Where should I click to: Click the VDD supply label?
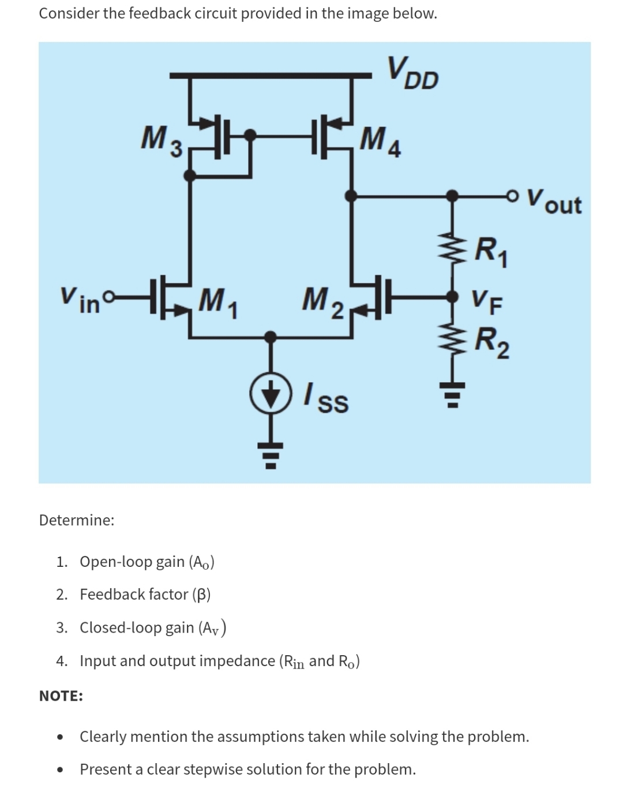413,73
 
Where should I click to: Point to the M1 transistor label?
219,300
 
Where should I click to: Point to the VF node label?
486,300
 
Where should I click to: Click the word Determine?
76,520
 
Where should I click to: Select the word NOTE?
61,696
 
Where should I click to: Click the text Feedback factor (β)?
145,594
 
